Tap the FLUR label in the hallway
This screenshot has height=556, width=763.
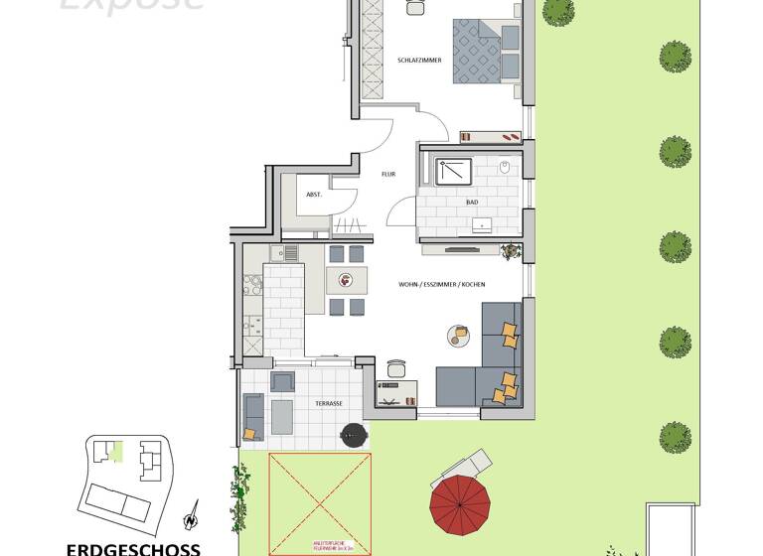tap(388, 174)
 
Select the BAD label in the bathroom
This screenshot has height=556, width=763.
tap(472, 203)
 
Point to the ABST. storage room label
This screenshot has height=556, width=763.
tap(313, 195)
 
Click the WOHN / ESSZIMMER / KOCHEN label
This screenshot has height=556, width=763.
tap(441, 285)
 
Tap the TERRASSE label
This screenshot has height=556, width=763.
tap(329, 403)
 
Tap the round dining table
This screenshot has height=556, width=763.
tap(347, 280)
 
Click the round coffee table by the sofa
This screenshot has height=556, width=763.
tap(458, 336)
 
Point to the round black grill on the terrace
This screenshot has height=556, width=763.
tap(353, 434)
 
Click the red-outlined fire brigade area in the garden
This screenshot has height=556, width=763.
tap(319, 504)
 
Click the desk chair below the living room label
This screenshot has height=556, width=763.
tap(395, 368)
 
